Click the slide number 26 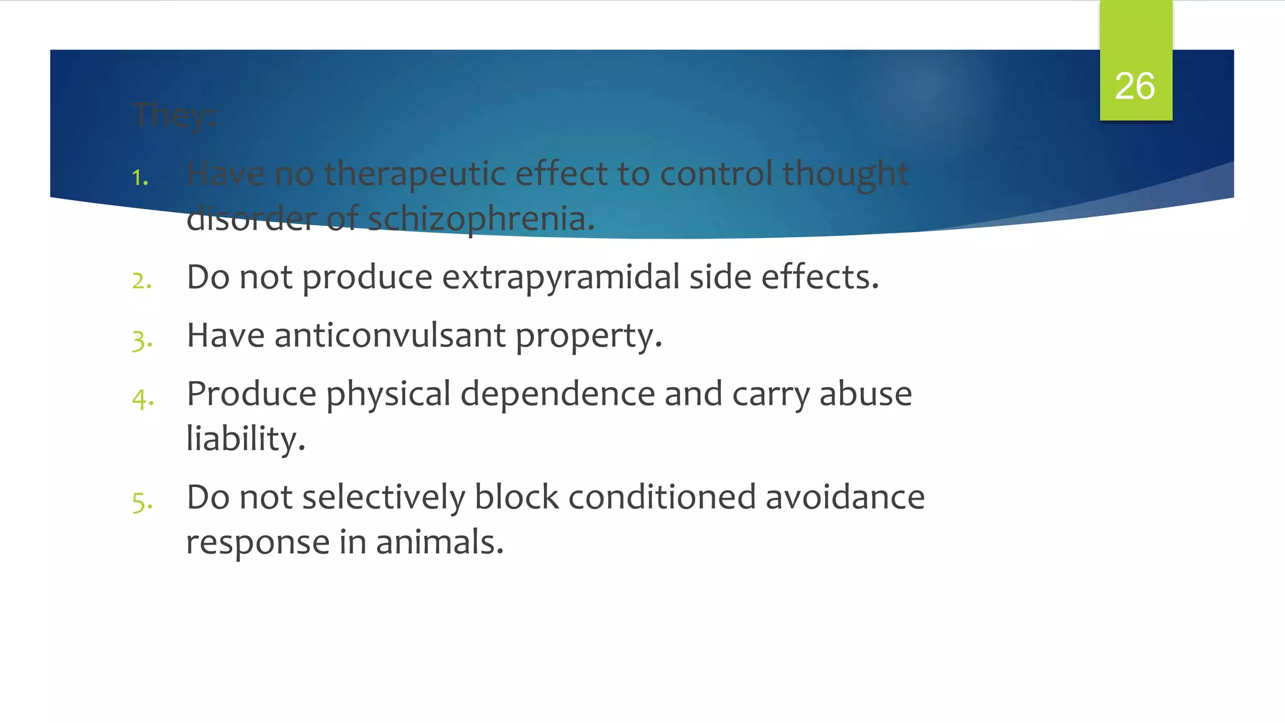click(1134, 86)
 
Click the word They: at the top click(174, 115)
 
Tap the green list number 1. click(140, 178)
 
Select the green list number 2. click(142, 281)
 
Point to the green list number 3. click(142, 340)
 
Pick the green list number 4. click(142, 399)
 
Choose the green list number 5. click(142, 502)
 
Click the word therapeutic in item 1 click(414, 173)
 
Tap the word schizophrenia click(481, 219)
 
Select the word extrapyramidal click(560, 277)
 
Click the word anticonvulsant click(390, 335)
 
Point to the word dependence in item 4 click(557, 394)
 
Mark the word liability click(245, 438)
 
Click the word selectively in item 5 click(383, 497)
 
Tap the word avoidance click(845, 497)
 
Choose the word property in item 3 click(588, 336)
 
